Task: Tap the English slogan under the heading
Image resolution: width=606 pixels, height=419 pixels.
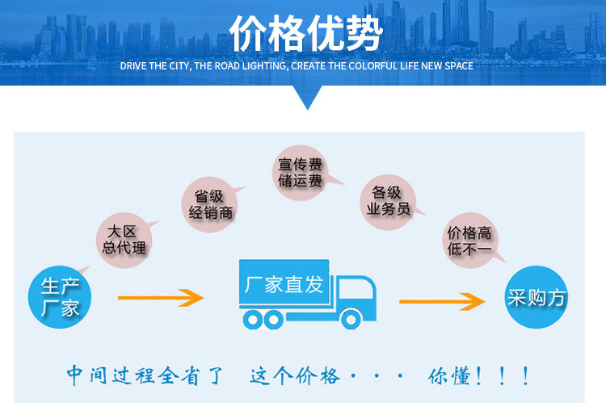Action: (x=297, y=65)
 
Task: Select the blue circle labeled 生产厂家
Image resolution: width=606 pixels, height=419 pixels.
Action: (x=60, y=296)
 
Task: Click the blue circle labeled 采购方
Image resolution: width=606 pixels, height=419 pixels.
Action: (x=537, y=297)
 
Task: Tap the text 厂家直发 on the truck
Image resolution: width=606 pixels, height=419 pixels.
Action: (x=284, y=284)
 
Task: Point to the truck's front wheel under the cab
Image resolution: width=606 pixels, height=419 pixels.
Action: (x=349, y=320)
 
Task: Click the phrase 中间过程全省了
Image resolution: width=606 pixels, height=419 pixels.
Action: (x=144, y=375)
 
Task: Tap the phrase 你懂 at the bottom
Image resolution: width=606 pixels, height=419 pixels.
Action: (x=449, y=375)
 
